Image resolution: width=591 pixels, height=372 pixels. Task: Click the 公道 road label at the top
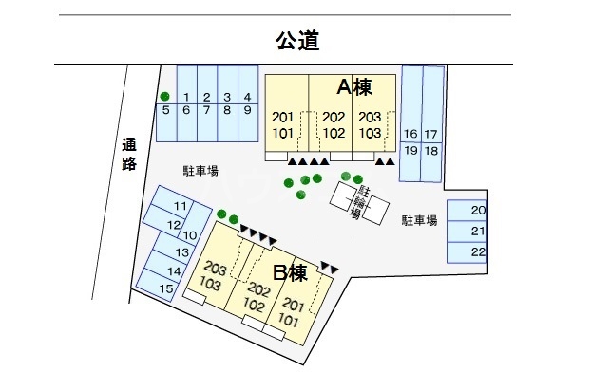pos(295,40)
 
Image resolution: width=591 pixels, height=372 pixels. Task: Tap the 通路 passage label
pos(130,155)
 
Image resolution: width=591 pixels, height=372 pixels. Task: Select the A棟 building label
pos(353,87)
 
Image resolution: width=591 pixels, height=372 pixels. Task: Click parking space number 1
pos(186,97)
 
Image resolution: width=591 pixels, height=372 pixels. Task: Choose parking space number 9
pos(247,110)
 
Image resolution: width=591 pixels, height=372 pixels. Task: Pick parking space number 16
pos(410,134)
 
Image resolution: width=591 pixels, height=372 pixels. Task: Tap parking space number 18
pos(431,150)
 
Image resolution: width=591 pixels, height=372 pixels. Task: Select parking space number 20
pos(478,211)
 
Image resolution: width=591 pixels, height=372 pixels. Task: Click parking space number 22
pos(478,251)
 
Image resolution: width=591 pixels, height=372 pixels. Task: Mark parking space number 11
pos(179,208)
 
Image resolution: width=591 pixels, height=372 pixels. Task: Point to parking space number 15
pos(166,288)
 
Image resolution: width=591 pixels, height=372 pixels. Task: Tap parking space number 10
pos(190,234)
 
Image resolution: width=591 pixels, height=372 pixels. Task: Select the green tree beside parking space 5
pos(164,96)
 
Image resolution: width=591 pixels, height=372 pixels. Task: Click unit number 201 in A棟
pos(283,117)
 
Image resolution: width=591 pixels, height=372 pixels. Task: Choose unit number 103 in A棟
pos(371,133)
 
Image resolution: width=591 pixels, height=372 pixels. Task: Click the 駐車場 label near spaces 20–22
pos(418,220)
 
